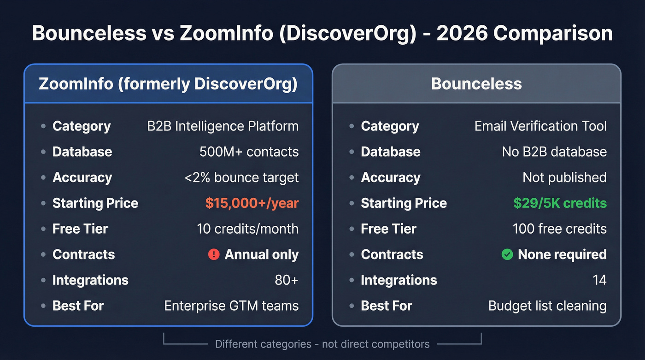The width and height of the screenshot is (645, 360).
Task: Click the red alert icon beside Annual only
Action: click(x=214, y=254)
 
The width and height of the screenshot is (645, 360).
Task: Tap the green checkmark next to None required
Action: click(x=507, y=254)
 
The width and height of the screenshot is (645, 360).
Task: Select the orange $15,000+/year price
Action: click(x=252, y=203)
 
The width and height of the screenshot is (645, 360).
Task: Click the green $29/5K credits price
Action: click(x=560, y=203)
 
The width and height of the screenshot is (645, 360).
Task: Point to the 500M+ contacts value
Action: click(x=249, y=152)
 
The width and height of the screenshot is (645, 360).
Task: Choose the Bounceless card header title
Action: click(x=476, y=84)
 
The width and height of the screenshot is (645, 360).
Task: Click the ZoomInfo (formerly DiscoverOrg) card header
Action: click(x=168, y=84)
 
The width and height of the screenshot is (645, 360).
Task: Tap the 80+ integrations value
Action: click(x=287, y=280)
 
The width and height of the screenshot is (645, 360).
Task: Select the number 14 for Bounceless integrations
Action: click(x=599, y=280)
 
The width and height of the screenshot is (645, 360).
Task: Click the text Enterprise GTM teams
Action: click(x=231, y=306)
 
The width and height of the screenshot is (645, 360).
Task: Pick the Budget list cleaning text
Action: click(x=547, y=306)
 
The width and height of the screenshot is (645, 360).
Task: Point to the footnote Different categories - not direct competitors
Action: click(x=322, y=344)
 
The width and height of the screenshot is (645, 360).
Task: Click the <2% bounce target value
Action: click(x=241, y=177)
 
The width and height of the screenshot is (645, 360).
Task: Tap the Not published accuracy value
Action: click(x=564, y=177)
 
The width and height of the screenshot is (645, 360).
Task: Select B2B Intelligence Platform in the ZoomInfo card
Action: click(x=223, y=126)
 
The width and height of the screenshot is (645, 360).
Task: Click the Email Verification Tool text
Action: click(x=540, y=126)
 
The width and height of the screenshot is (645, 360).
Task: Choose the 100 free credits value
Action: click(x=559, y=229)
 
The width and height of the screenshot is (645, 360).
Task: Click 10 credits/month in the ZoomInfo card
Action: click(x=247, y=229)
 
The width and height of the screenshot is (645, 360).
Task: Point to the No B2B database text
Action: click(x=554, y=152)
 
